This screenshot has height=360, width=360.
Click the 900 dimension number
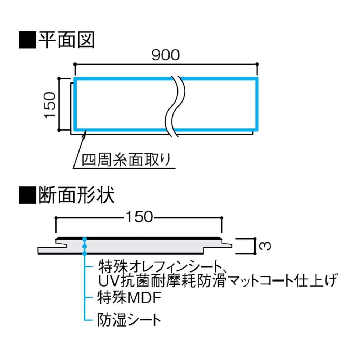click(x=165, y=55)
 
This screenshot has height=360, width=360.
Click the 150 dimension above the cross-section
click(x=139, y=217)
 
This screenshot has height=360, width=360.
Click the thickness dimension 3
click(x=265, y=246)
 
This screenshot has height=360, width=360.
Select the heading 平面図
click(x=66, y=40)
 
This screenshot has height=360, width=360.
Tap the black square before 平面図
click(x=27, y=40)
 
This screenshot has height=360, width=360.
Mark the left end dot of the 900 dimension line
click(x=75, y=64)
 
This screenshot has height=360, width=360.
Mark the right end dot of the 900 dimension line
click(x=257, y=64)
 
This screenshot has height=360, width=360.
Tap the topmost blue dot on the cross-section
click(x=85, y=239)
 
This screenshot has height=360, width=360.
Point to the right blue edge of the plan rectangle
click(x=257, y=104)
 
